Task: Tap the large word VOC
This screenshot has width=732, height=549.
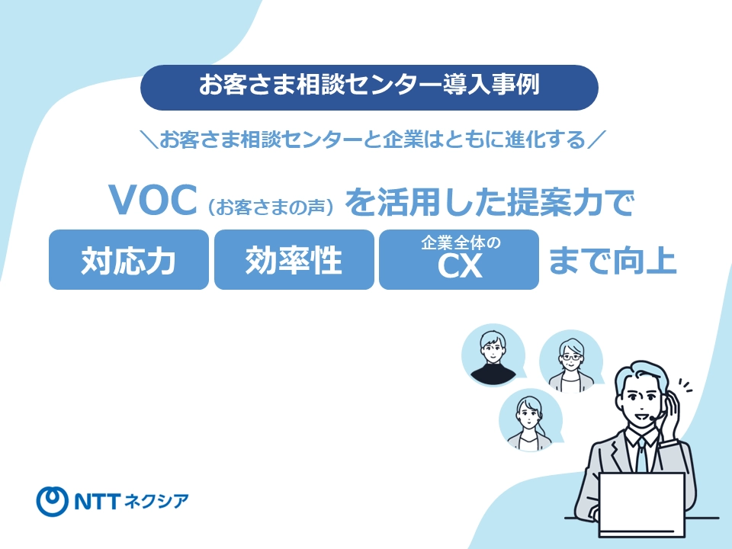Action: pyautogui.click(x=154, y=201)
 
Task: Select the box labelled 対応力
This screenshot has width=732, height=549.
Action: pyautogui.click(x=129, y=260)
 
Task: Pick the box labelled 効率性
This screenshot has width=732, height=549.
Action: pyautogui.click(x=294, y=260)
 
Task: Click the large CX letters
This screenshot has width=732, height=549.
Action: pyautogui.click(x=460, y=268)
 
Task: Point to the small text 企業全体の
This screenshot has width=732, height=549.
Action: pyautogui.click(x=460, y=244)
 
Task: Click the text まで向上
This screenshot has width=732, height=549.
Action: pyautogui.click(x=612, y=260)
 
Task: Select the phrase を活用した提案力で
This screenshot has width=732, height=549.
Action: pyautogui.click(x=490, y=201)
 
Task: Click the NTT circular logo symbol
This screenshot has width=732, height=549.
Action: pyautogui.click(x=53, y=499)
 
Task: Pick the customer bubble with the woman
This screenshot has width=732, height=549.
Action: pyautogui.click(x=528, y=422)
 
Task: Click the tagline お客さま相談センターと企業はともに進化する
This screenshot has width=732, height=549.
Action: pyautogui.click(x=369, y=140)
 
